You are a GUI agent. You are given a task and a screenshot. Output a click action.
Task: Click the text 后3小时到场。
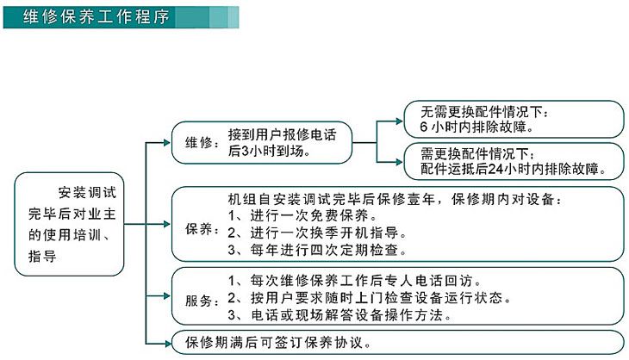coord(269,151)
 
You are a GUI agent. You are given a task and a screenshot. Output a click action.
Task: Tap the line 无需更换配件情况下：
coord(483,113)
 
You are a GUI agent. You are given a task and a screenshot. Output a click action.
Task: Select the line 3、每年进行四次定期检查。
coord(316,250)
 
